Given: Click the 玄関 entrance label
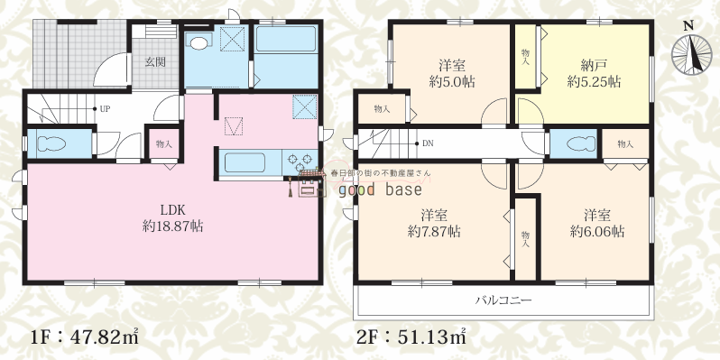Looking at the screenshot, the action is pos(155,61).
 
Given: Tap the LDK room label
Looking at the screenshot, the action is pos(172,210).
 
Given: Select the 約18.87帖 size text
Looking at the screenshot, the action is pos(172,226).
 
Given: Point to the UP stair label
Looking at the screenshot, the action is pos(105,109).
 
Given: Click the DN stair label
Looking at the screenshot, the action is pos(428,143).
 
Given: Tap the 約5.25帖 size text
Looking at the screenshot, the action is pos(595,82).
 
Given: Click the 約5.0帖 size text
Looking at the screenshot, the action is pos(452,82).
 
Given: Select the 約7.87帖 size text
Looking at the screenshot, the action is pos(434,231).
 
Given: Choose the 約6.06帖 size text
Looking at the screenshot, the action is pos(597,231).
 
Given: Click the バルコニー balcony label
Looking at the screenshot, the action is pos(503,300).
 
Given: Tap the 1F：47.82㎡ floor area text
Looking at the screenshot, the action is pos(84,338).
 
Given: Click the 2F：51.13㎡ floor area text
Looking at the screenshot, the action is pos(411,338).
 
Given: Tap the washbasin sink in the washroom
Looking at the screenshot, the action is pos(198,43).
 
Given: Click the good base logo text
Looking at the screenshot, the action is pos(380,189).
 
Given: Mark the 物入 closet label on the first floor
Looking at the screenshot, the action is pos(164,144).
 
